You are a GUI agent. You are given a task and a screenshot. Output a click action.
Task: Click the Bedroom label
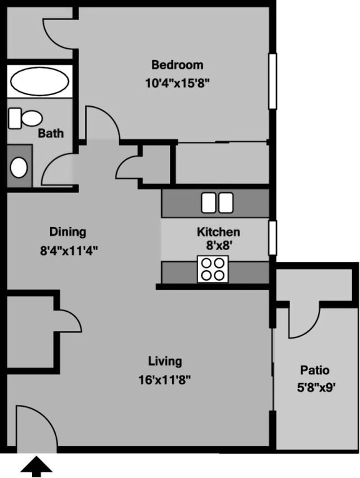click(x=177, y=65)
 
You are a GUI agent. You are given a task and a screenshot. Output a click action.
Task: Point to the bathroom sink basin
click(x=19, y=167)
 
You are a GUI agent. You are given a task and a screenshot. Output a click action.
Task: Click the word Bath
click(x=51, y=133)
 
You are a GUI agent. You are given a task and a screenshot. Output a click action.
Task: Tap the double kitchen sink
click(x=216, y=202)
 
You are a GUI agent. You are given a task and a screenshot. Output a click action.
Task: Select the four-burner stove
click(x=212, y=269)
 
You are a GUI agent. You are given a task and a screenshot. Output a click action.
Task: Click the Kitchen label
click(x=218, y=232)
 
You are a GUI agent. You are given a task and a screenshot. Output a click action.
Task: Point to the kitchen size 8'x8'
click(x=218, y=246)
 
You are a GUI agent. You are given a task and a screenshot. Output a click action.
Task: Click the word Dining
click(x=67, y=232)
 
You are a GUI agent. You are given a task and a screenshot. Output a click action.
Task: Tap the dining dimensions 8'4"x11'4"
click(x=69, y=251)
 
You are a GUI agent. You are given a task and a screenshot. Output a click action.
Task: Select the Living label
click(x=165, y=361)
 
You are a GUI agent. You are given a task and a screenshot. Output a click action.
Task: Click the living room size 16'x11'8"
click(x=165, y=379)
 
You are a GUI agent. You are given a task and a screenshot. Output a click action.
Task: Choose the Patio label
click(x=314, y=370)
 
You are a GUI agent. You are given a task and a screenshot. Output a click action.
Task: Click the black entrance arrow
click(x=37, y=466)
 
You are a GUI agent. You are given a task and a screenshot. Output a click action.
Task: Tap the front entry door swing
click(x=34, y=428)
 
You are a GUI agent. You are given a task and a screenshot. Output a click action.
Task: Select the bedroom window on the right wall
click(x=272, y=81)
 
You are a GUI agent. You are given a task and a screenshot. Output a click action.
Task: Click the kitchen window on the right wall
click(x=272, y=237)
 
